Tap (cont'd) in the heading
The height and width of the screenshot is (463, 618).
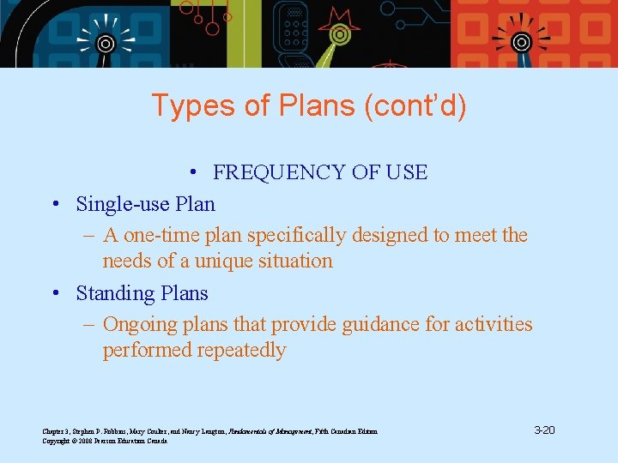point(415,106)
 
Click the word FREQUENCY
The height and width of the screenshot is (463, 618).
point(276,172)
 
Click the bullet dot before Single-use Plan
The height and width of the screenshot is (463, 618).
point(54,204)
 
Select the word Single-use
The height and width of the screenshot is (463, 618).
point(122,204)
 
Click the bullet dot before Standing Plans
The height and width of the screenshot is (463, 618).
point(54,293)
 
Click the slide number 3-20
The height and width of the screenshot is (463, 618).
point(543,430)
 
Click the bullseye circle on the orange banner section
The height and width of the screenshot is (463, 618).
point(521,41)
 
